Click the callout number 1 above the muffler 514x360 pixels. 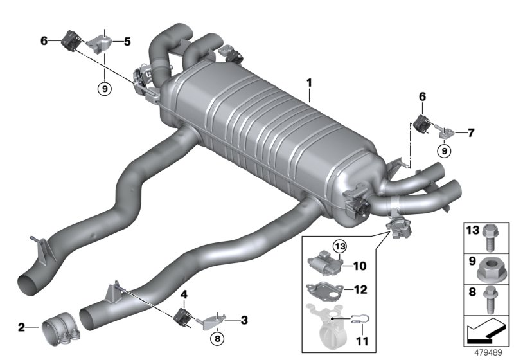(309, 83)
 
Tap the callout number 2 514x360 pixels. (22, 327)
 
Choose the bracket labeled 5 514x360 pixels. (102, 43)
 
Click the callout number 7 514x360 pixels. (471, 133)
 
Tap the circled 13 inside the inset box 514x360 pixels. (339, 245)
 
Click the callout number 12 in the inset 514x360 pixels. (360, 290)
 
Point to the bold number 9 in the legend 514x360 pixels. (470, 264)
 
